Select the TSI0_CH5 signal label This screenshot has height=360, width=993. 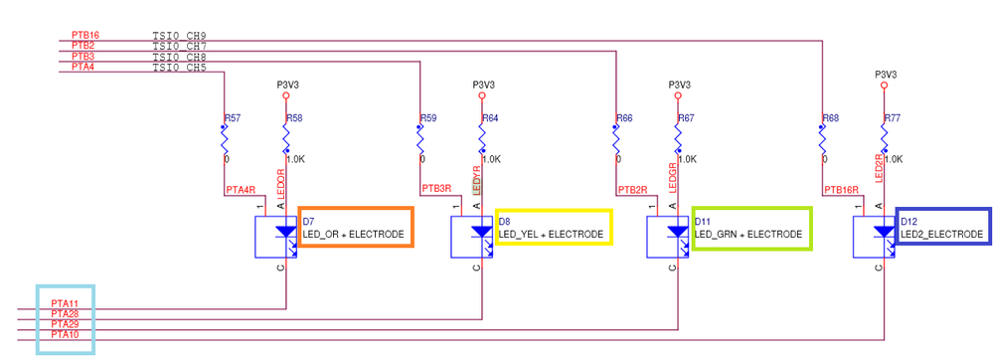pyautogui.click(x=179, y=68)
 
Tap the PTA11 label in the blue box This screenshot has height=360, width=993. pyautogui.click(x=66, y=302)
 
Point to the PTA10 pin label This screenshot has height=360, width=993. pyautogui.click(x=66, y=335)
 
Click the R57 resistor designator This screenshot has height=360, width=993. pyautogui.click(x=232, y=118)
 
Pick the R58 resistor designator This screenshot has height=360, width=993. pyautogui.click(x=294, y=118)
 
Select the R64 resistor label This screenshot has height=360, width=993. pyautogui.click(x=490, y=118)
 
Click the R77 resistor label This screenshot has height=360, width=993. pyautogui.click(x=892, y=118)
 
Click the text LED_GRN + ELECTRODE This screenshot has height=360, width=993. pyautogui.click(x=747, y=234)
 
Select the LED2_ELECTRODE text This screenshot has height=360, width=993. pyautogui.click(x=941, y=234)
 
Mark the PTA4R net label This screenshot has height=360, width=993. pyautogui.click(x=241, y=188)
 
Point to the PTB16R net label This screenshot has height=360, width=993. pyautogui.click(x=842, y=188)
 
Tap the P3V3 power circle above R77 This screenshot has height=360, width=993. pyautogui.click(x=884, y=87)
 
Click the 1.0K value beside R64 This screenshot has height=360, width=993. pyautogui.click(x=491, y=159)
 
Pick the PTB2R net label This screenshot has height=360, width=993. pyautogui.click(x=633, y=188)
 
